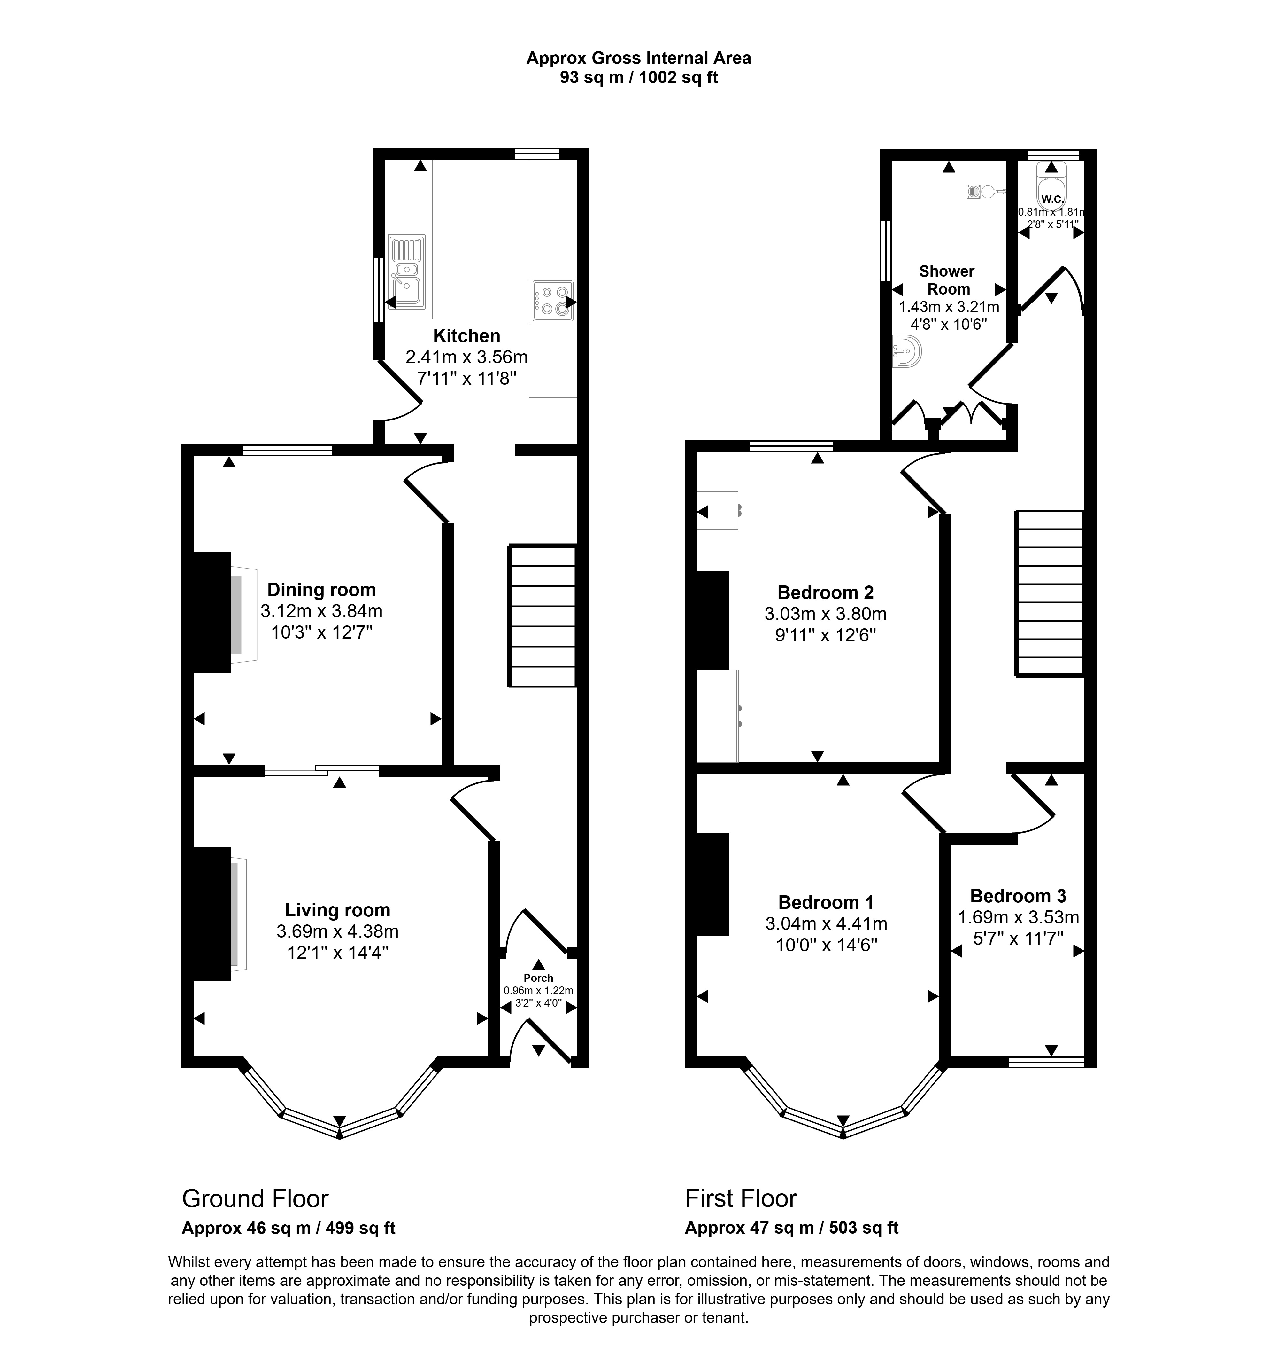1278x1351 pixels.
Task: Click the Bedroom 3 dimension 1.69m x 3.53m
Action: pos(1019,917)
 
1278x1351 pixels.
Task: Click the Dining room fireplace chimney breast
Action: pos(212,612)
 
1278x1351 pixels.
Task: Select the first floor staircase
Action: pos(1049,593)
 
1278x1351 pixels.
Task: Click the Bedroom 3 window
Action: pos(1046,1061)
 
